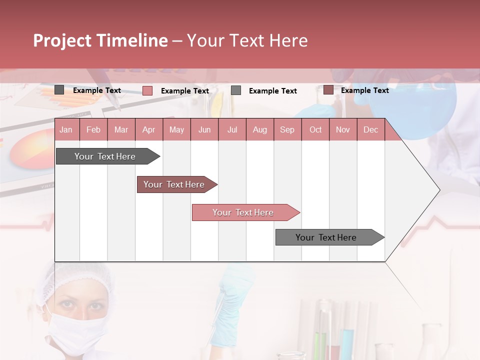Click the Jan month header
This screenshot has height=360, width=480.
point(66,130)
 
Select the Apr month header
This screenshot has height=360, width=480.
point(149,130)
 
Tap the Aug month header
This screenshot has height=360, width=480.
point(260,130)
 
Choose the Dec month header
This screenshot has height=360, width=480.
point(370,130)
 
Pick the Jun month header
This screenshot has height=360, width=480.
point(204,130)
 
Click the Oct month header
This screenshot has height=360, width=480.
point(315,130)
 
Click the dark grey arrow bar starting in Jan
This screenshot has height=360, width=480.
point(105,156)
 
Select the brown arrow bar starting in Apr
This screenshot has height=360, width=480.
point(174,184)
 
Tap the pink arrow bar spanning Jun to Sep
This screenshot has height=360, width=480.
point(243,212)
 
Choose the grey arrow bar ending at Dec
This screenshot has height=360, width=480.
point(326,237)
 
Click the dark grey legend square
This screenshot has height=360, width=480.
point(59,90)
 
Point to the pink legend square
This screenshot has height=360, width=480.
point(147,90)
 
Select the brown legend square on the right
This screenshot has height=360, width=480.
point(328,90)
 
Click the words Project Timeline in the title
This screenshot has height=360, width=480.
point(100,40)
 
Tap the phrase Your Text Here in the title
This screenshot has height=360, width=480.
point(247,40)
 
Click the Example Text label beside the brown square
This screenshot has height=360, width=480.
point(364,90)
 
